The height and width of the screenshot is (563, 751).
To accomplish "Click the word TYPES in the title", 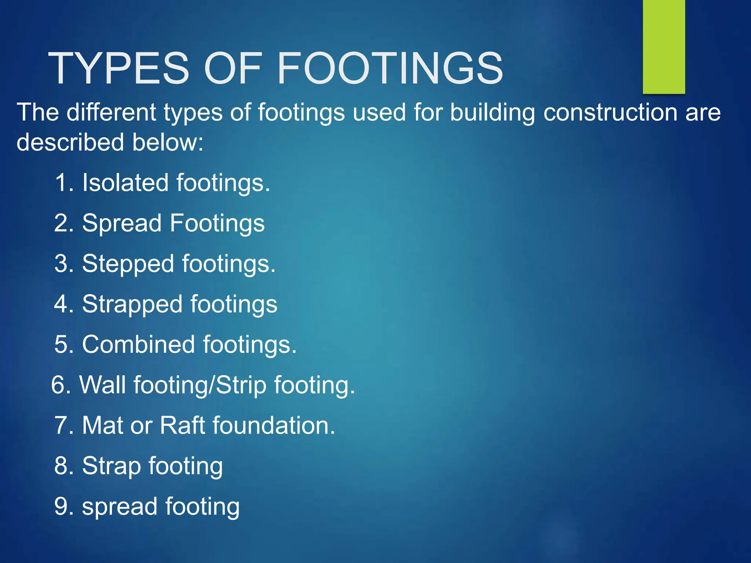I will [x=118, y=68].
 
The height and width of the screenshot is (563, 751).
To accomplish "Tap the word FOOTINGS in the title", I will [x=390, y=68].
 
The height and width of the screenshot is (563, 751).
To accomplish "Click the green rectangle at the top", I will [x=664, y=47].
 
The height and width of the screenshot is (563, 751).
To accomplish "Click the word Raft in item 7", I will [x=182, y=426].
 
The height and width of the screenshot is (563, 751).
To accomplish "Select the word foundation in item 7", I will [x=274, y=426].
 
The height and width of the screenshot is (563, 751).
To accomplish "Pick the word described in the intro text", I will [x=70, y=142].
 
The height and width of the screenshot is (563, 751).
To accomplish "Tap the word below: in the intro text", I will [x=168, y=142].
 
